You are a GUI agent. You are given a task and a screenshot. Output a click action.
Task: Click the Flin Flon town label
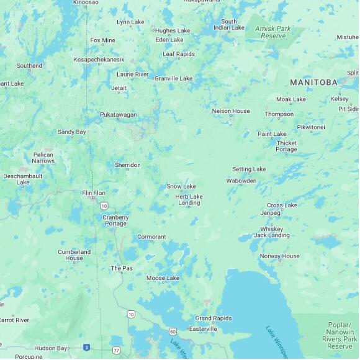(x=94, y=193)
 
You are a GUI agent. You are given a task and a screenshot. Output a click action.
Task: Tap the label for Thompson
(x=279, y=114)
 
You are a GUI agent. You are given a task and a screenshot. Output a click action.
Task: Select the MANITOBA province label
(x=313, y=83)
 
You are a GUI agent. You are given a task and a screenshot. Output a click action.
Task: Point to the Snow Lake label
(x=181, y=186)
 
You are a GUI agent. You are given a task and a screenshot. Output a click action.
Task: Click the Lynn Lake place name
(x=130, y=22)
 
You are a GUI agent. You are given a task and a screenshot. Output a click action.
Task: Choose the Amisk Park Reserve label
(x=273, y=32)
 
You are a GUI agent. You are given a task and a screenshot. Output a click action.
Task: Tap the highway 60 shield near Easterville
(x=172, y=331)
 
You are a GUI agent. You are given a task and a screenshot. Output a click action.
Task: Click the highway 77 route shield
(x=116, y=351)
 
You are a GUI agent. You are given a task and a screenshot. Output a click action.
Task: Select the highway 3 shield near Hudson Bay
(x=86, y=348)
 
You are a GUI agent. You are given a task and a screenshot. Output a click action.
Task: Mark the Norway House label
(x=279, y=256)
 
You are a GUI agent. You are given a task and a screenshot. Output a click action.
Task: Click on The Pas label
(x=122, y=268)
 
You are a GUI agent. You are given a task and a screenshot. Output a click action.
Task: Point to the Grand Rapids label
(x=214, y=318)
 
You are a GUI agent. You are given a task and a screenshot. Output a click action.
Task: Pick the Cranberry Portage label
(x=115, y=220)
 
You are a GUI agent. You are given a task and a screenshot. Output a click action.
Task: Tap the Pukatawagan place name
(x=119, y=115)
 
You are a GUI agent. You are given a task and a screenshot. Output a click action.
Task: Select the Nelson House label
(x=231, y=111)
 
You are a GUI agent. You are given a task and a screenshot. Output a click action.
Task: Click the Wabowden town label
(x=241, y=181)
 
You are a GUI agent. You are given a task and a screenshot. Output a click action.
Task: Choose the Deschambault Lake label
(x=23, y=179)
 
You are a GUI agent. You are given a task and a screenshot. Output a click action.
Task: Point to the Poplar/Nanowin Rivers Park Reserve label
(x=340, y=335)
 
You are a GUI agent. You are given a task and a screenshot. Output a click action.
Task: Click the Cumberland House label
(x=74, y=255)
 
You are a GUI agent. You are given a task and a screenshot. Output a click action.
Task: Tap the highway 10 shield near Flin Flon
(x=104, y=205)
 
